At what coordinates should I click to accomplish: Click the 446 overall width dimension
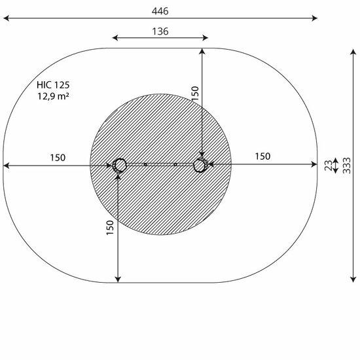click(x=160, y=11)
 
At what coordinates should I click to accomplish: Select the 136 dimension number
click(x=160, y=31)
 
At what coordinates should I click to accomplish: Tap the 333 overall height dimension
click(x=347, y=166)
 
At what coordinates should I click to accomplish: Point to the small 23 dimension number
click(x=329, y=166)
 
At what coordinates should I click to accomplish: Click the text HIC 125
click(x=53, y=85)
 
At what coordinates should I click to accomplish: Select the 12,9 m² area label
click(x=53, y=96)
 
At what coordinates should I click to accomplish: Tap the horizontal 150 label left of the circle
click(x=58, y=158)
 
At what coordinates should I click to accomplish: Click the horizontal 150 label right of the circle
click(x=262, y=156)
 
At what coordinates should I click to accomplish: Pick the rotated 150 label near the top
click(x=195, y=93)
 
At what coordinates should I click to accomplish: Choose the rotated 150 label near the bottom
click(x=110, y=228)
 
